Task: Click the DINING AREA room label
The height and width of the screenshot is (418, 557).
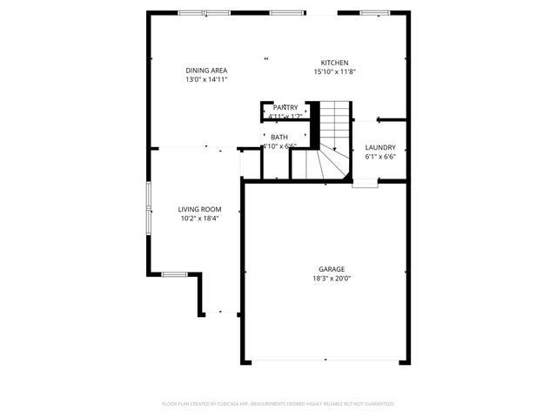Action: coord(206,71)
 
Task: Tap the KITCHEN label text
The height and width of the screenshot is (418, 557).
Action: coord(335,63)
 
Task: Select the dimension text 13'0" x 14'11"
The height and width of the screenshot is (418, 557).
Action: coord(206,79)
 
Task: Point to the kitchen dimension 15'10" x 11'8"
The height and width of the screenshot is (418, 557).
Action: coord(335,71)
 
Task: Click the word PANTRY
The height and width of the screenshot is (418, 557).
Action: coord(285,107)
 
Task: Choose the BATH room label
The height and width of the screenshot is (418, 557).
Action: coord(279,137)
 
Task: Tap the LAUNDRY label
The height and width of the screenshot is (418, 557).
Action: coord(380,147)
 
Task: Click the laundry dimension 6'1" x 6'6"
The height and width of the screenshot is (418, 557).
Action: coord(380,157)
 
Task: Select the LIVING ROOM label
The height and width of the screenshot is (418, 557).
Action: coord(199,209)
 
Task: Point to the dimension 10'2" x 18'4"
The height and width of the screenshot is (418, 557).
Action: coord(199,219)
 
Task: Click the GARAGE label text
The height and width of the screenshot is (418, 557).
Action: coord(331,269)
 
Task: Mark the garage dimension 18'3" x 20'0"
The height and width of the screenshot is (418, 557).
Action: coord(331,279)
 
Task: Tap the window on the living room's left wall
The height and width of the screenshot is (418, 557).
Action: coord(148,208)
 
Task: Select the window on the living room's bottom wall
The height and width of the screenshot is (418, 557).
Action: coord(174,274)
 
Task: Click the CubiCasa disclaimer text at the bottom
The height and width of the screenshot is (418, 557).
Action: coord(278,404)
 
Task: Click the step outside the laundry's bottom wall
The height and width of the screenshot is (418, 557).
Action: coord(366,184)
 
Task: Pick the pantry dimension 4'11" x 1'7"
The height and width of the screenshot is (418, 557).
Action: coord(285,116)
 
